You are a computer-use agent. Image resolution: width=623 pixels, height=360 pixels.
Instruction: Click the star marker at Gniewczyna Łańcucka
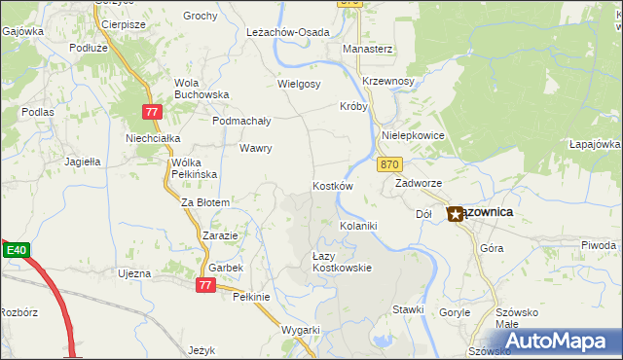(x=455, y=213)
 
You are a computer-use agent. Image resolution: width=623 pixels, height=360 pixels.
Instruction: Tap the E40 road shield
(x=16, y=250)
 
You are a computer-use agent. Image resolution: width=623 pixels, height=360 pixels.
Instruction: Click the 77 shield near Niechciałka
(x=151, y=113)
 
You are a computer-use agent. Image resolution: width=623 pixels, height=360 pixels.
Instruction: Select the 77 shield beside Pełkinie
(x=204, y=284)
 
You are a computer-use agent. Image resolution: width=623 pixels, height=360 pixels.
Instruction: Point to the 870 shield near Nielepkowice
(x=389, y=165)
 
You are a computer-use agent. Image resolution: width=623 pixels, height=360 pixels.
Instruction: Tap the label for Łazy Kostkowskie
(x=335, y=261)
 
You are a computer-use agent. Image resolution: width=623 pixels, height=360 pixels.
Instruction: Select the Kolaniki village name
(x=357, y=225)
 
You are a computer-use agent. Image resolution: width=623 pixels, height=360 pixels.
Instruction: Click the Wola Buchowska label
(x=201, y=89)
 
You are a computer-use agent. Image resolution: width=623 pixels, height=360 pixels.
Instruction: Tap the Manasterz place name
(x=367, y=48)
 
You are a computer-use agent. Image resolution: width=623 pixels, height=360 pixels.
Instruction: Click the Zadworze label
(x=420, y=183)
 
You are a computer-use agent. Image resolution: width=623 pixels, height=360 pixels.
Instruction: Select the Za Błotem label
(x=204, y=202)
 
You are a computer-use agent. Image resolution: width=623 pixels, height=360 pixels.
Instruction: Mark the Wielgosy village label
(x=299, y=84)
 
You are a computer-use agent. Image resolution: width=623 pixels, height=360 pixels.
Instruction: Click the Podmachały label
(x=241, y=121)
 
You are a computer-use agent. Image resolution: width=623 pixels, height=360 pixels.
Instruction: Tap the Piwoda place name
(x=598, y=244)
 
